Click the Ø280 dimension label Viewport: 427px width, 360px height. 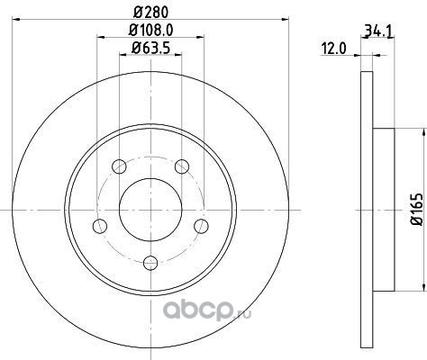(x=150, y=12)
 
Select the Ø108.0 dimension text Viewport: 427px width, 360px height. (x=151, y=30)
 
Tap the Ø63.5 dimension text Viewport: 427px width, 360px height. (x=151, y=48)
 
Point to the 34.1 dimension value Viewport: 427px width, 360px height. (x=378, y=31)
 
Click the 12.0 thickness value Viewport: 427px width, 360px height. (x=333, y=49)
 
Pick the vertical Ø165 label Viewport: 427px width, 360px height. (x=417, y=210)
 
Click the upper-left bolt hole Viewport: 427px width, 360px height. (x=119, y=166)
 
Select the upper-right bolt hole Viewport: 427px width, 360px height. (x=182, y=166)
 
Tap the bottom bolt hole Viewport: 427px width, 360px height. (x=150, y=263)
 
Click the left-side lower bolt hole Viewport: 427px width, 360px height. (x=100, y=226)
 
